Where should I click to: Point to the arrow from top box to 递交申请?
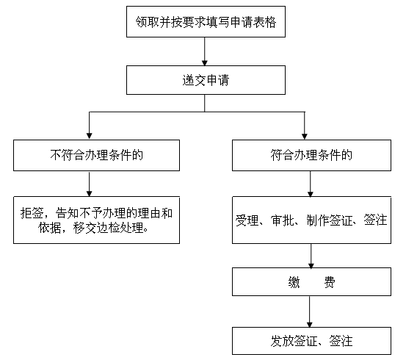pyautogui.click(x=205, y=51)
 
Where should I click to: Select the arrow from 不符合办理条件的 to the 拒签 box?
pyautogui.click(x=90, y=184)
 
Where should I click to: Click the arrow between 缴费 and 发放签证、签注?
pyautogui.click(x=309, y=312)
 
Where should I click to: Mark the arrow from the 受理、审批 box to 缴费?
pyautogui.click(x=311, y=256)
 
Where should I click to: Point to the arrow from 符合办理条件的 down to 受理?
pyautogui.click(x=311, y=184)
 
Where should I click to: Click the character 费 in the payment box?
pyautogui.click(x=330, y=282)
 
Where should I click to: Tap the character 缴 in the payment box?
pyautogui.click(x=294, y=282)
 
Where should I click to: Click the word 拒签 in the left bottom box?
pyautogui.click(x=32, y=213)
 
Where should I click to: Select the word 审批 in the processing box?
pyautogui.click(x=283, y=220)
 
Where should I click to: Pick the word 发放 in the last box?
pyautogui.click(x=282, y=341)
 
